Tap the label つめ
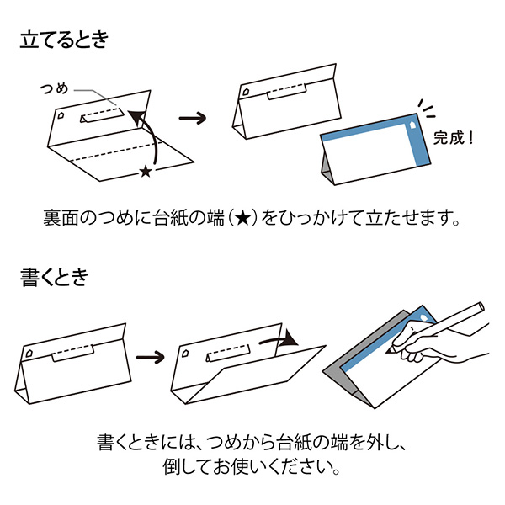[56, 88]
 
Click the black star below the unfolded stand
[145, 172]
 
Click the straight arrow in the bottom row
[151, 358]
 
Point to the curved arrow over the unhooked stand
[278, 341]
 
